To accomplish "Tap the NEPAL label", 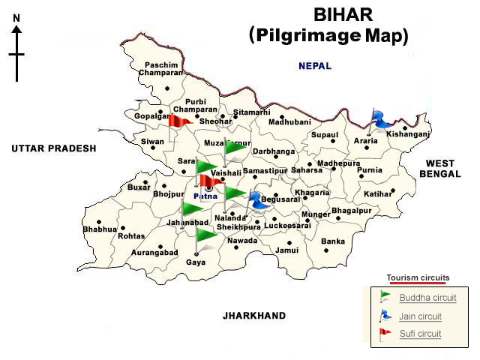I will click(315, 66).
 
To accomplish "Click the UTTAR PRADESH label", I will click(54, 149).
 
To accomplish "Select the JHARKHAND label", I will click(254, 316).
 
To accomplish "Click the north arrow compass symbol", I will click(16, 52).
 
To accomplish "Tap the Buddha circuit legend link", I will click(427, 298).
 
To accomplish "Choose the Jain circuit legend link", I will click(420, 316).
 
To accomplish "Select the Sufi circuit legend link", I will click(420, 334).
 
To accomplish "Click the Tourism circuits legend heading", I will click(418, 277).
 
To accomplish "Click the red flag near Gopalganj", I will click(178, 121).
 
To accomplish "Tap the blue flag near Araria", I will click(383, 118).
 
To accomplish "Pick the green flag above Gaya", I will click(205, 238).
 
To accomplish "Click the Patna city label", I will click(205, 196).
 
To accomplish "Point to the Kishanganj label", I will click(408, 134).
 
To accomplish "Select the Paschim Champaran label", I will click(163, 69).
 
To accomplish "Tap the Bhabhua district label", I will click(100, 229).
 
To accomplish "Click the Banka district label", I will click(333, 241).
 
